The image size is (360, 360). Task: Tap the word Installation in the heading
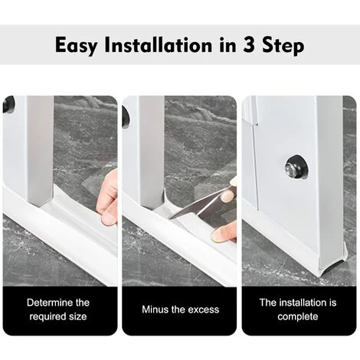point(159,45)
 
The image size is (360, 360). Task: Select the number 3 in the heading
point(249,45)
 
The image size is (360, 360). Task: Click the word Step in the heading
point(283,46)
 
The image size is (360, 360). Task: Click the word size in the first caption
point(78,316)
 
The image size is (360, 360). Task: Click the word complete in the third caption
point(298,317)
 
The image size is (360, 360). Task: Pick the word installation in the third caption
point(303,303)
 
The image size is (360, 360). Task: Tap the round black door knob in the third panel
point(296,166)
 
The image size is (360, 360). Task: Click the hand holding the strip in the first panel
point(108,198)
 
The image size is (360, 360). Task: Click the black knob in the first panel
point(8,104)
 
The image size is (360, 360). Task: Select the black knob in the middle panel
point(126,116)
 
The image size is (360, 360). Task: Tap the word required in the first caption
point(47,317)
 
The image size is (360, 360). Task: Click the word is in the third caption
point(332,303)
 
